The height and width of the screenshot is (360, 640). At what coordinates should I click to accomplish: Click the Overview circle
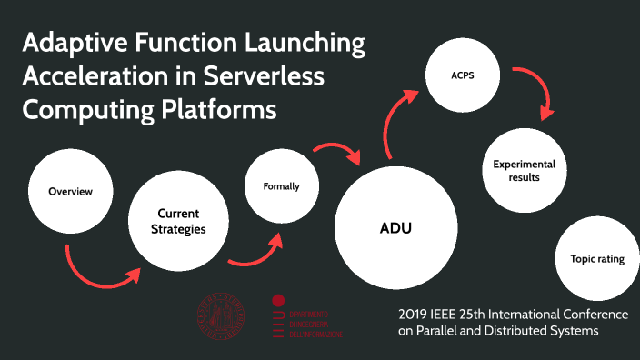70,192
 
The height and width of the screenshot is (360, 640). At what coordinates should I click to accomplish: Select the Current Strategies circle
178,221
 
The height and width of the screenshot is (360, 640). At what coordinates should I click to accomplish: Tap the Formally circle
281,187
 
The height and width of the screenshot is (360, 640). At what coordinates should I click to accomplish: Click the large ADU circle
395,227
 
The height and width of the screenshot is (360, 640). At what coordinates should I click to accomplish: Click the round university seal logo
222,318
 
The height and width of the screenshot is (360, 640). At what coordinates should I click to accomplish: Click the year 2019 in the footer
415,314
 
